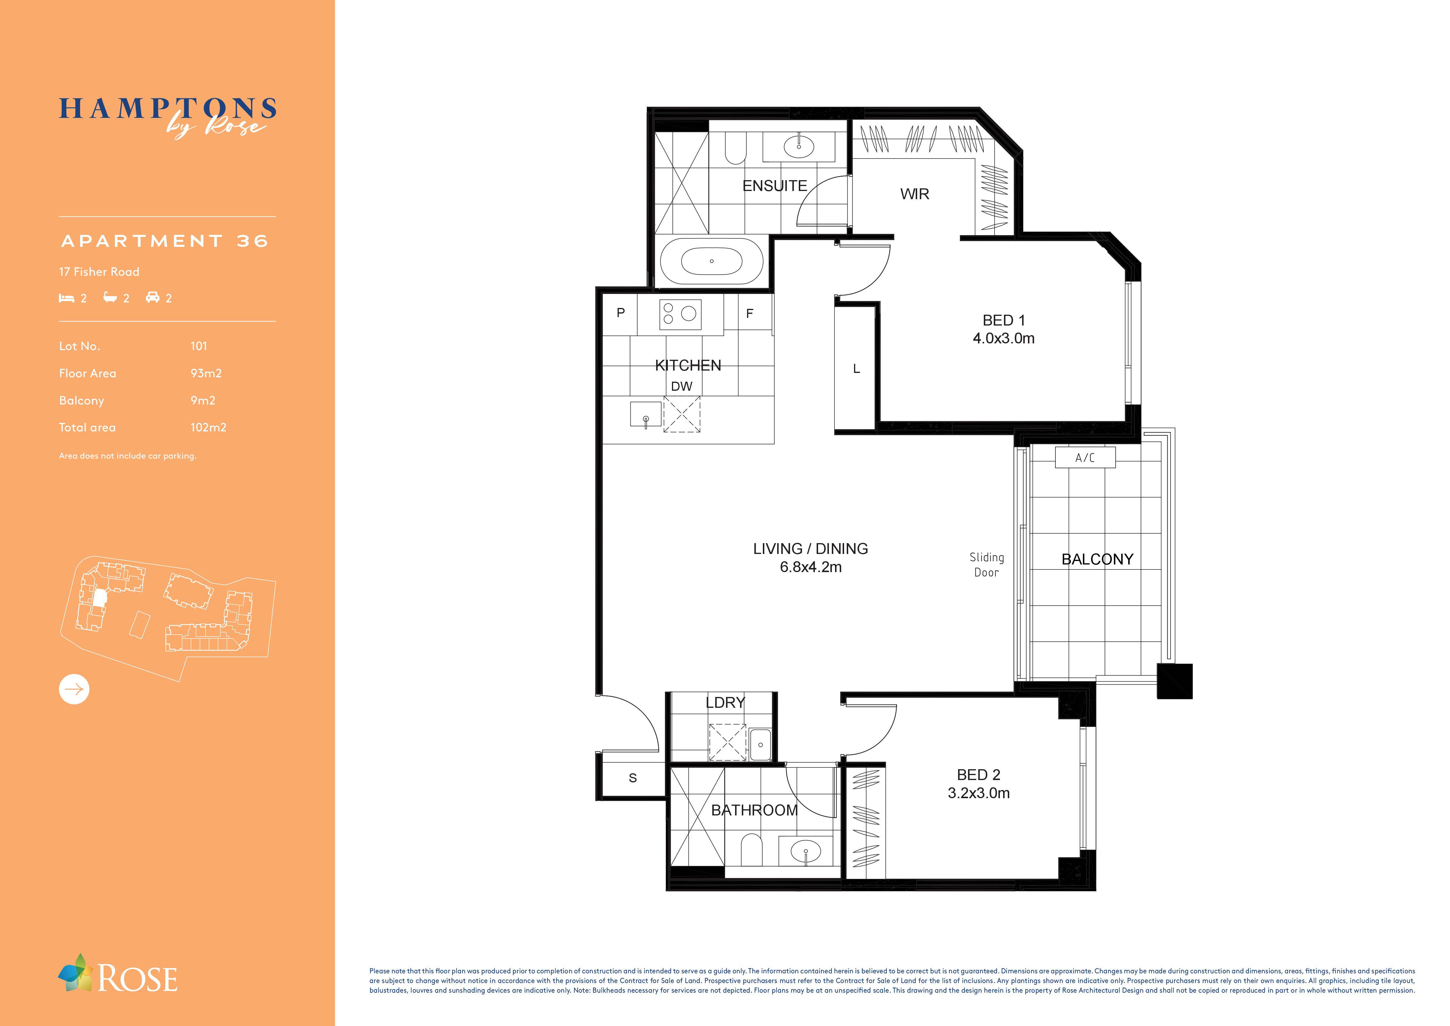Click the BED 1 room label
pos(1003,320)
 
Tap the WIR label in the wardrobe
pos(915,194)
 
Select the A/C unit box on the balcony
pos(1085,457)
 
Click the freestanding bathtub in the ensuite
pos(712,261)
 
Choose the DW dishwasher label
pos(681,386)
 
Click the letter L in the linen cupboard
pos(856,368)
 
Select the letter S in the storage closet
pos(633,778)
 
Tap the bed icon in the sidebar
pos(66,297)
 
